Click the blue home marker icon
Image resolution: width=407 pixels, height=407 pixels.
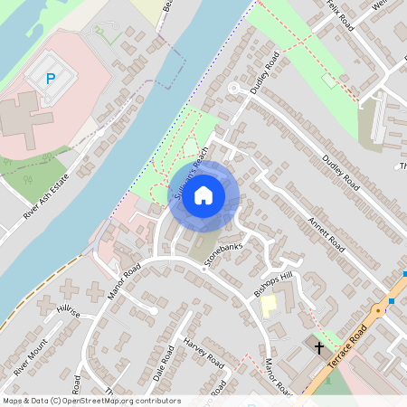tap(203, 194)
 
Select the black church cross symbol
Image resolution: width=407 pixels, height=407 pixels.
tap(318, 346)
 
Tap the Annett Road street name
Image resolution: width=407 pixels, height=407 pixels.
tap(327, 231)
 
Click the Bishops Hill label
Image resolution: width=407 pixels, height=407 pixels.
tap(273, 284)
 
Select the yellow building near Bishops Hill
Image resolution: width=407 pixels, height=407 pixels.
tap(269, 306)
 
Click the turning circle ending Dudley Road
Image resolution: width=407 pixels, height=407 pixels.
tap(232, 88)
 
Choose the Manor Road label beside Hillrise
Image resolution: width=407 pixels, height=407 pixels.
tap(126, 280)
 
